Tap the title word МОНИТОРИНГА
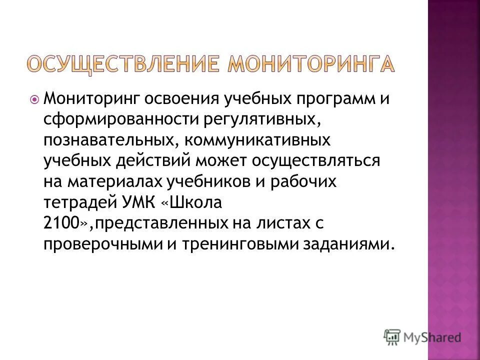click(x=310, y=65)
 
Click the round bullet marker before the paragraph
click(x=34, y=99)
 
